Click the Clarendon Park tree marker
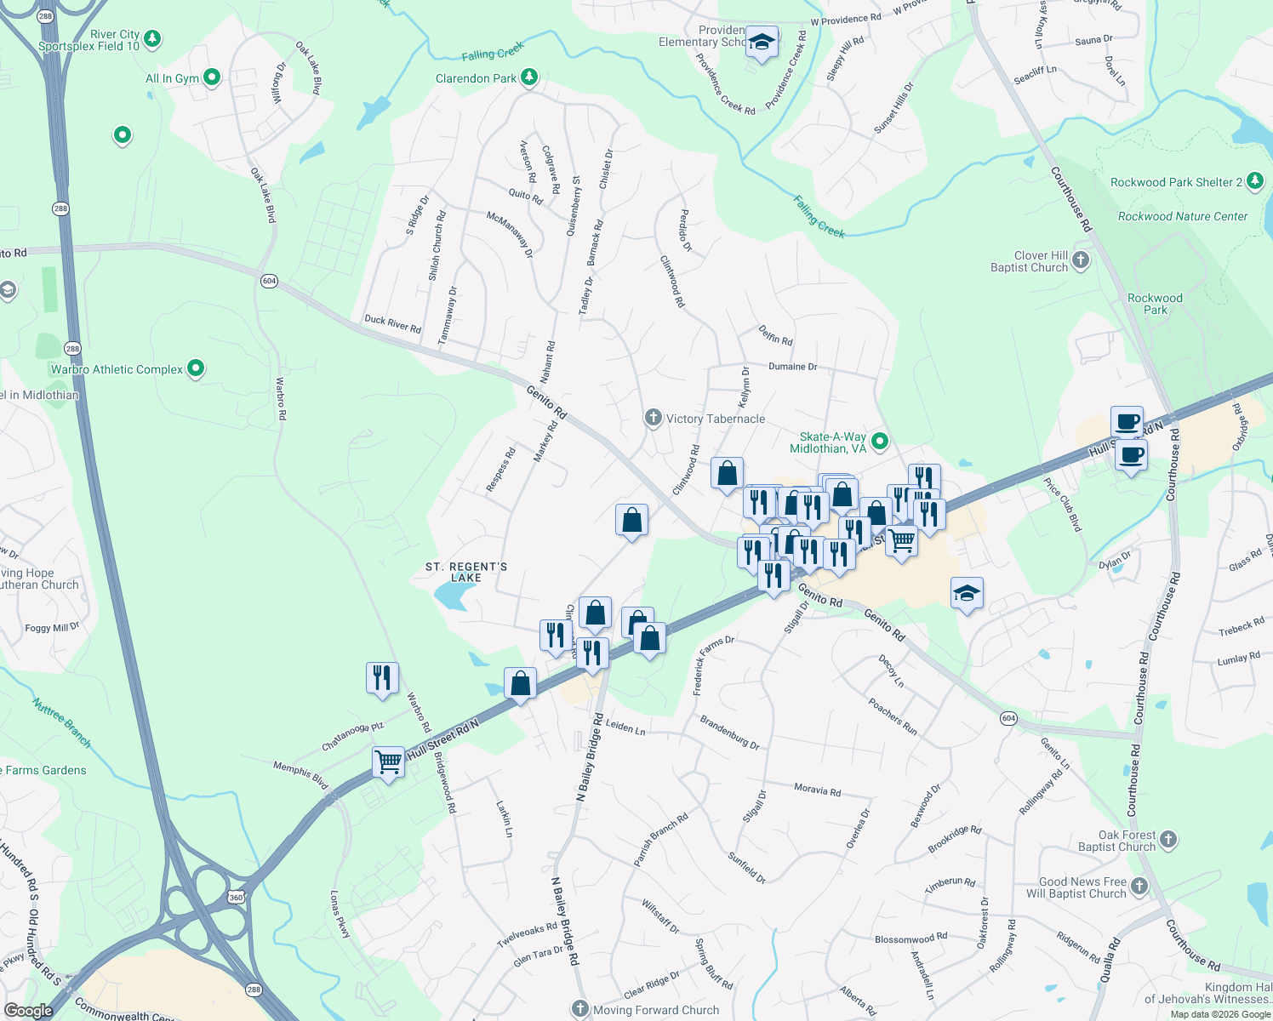click(529, 77)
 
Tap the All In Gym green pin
click(212, 77)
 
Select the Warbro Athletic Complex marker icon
click(196, 368)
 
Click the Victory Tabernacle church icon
click(653, 418)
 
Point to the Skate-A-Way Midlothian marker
click(881, 441)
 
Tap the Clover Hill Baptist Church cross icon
click(1081, 260)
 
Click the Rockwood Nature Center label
click(1183, 217)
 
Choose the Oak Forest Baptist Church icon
click(1168, 840)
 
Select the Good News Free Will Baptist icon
click(1139, 887)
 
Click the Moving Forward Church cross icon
click(580, 1009)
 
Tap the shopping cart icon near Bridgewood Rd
click(389, 761)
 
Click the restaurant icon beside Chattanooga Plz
click(382, 678)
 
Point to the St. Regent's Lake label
click(466, 572)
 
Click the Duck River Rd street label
click(392, 324)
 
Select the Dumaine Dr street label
click(792, 367)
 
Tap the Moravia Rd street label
click(817, 790)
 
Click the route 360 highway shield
click(236, 897)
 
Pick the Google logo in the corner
click(28, 1011)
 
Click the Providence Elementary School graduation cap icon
click(762, 43)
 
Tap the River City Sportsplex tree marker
click(152, 38)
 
